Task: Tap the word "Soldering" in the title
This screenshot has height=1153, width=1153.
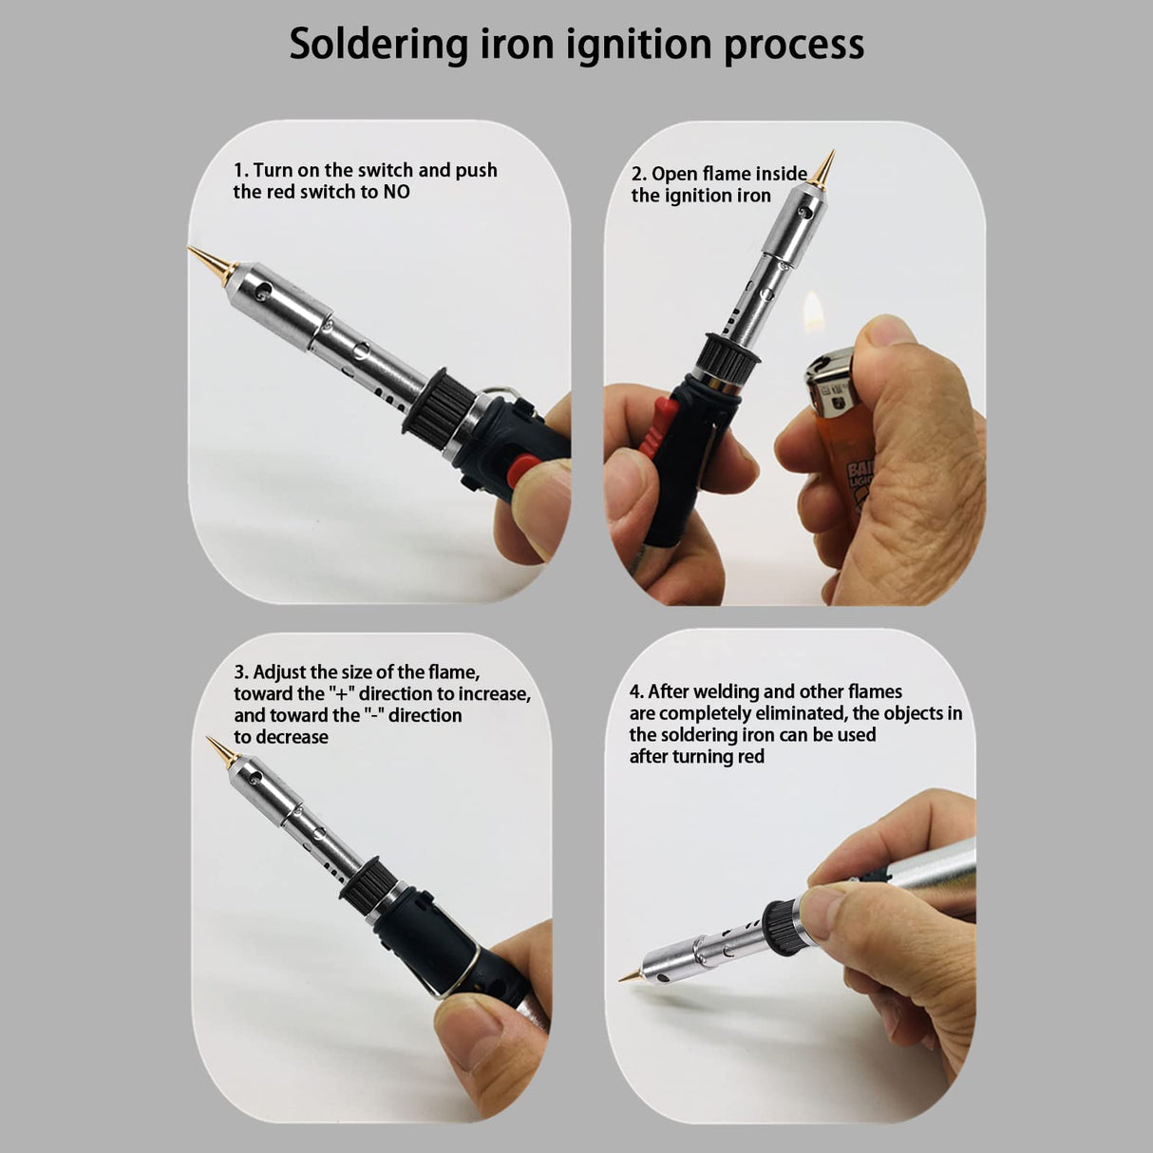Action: coord(378,45)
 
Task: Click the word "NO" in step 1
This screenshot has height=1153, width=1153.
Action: coord(396,192)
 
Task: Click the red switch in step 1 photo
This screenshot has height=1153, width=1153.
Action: coord(524,470)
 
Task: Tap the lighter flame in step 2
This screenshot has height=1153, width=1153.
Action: coord(814,312)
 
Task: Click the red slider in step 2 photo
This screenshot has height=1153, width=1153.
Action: coord(658,427)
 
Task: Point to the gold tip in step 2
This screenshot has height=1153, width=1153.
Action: coord(823,169)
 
